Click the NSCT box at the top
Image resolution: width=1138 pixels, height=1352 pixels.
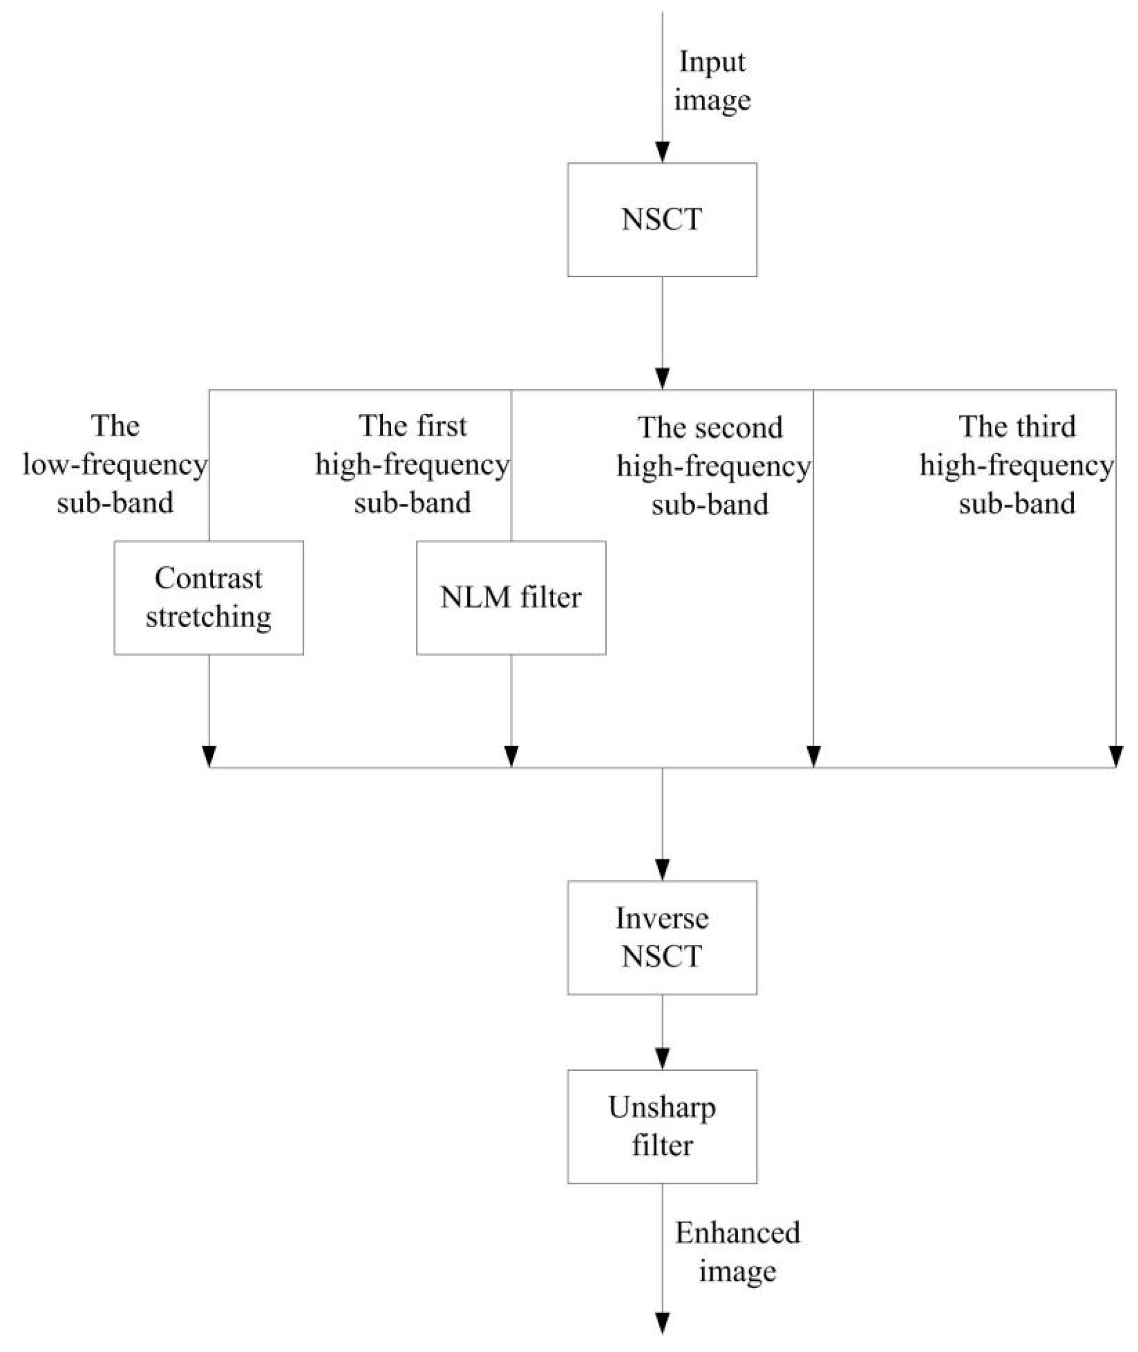point(662,219)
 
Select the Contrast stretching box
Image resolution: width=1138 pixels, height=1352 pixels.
point(208,597)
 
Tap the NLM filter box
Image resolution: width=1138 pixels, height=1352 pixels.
point(511,597)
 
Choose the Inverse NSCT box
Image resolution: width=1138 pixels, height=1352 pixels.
point(662,937)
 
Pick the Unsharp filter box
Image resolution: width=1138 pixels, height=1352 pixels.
point(662,1126)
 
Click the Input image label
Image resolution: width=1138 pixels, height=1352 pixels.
point(712,81)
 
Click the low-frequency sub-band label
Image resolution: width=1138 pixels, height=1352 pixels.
point(115,465)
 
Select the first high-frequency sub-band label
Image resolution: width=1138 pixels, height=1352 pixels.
point(412,465)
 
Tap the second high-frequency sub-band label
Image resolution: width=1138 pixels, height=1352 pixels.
point(712,466)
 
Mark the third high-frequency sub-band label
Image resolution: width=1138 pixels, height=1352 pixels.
point(1016,465)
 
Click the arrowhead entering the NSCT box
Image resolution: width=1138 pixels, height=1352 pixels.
point(662,152)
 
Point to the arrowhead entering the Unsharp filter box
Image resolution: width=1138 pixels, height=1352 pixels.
point(662,1059)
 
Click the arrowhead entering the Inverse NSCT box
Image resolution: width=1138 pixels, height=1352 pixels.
point(662,870)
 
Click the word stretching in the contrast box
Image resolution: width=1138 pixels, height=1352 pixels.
point(208,617)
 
